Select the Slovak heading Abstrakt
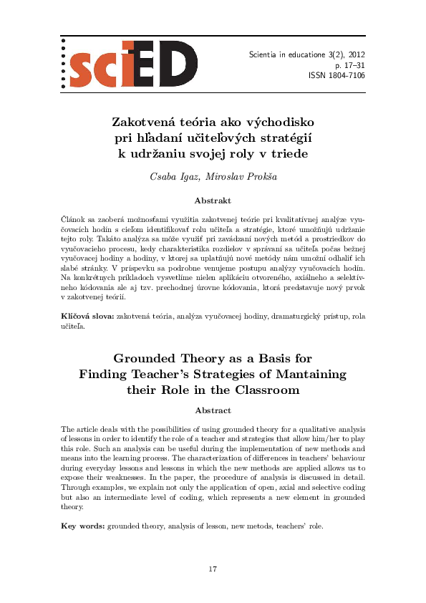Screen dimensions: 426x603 [x=212, y=201]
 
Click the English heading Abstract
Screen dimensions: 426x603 [x=213, y=410]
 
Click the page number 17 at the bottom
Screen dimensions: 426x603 [x=213, y=569]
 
